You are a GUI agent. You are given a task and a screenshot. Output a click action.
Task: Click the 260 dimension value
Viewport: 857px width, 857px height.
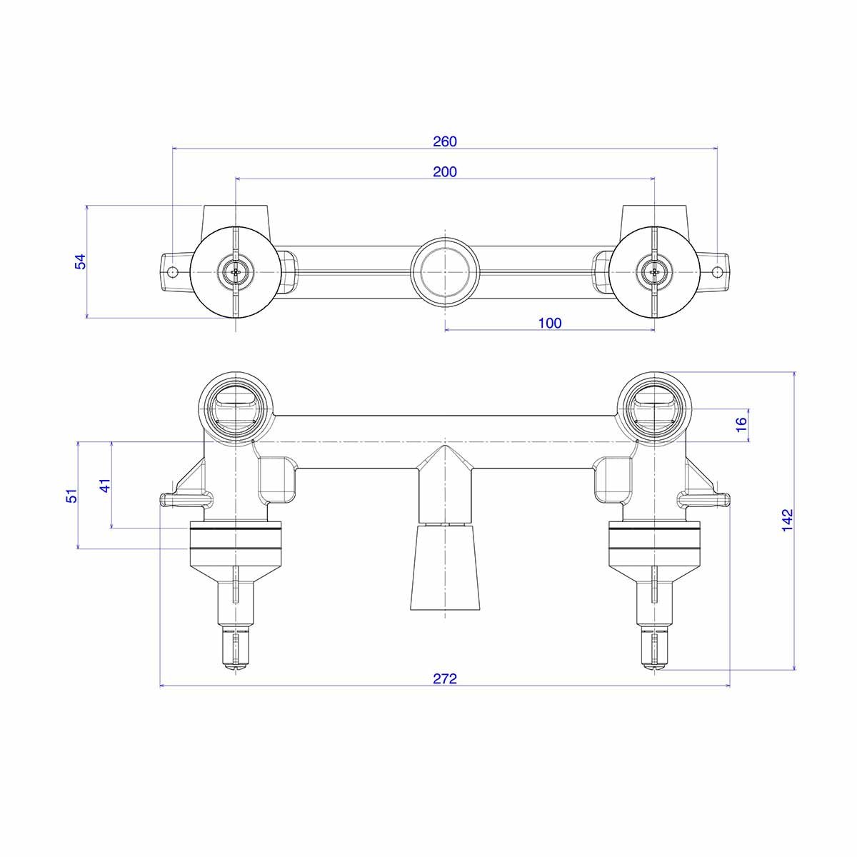tap(444, 141)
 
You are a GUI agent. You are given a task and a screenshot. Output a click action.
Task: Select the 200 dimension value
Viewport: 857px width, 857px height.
tap(444, 171)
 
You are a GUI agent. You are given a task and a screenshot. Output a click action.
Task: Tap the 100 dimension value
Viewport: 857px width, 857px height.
tap(550, 323)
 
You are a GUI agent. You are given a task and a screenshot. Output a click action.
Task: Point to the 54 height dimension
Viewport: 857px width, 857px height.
tap(81, 261)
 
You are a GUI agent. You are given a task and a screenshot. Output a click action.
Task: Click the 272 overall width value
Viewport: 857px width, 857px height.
tap(444, 678)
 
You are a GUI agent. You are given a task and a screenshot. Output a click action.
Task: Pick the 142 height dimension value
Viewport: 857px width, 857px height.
tap(787, 520)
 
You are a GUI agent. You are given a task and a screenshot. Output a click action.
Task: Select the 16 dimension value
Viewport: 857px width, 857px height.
tap(741, 425)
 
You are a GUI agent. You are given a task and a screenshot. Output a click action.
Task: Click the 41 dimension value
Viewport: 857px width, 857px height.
tap(105, 485)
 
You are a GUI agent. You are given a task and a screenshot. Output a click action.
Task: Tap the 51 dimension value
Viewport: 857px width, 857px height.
tap(71, 496)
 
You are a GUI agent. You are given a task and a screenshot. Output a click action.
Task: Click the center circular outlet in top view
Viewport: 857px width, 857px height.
tap(445, 271)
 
